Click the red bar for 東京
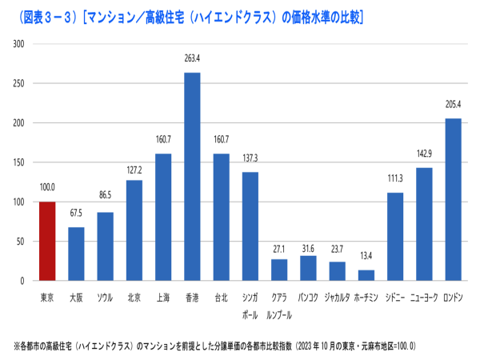coord(47,241)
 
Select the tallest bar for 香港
coord(192,177)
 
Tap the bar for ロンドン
coord(453,199)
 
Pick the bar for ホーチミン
coord(366,275)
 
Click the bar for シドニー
coord(395,237)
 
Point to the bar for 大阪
coord(76,254)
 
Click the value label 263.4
coord(192,58)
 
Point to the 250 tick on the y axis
coord(18,83)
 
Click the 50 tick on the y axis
coord(21,241)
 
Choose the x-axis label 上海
coord(163,298)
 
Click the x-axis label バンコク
coord(308,298)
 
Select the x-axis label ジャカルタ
coord(337,298)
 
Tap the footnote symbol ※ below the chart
coord(16,346)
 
